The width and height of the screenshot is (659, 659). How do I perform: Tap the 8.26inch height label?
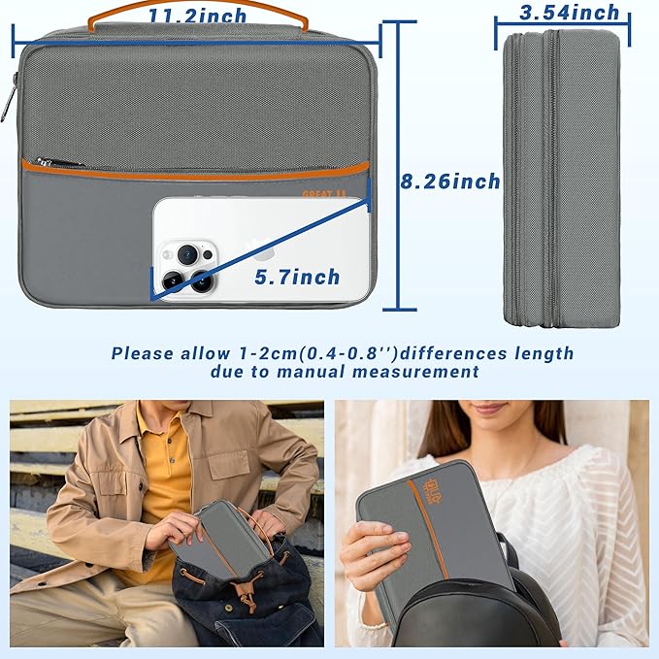point(450,181)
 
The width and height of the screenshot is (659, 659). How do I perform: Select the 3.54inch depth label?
point(570,13)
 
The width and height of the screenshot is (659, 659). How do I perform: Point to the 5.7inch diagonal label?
point(297,278)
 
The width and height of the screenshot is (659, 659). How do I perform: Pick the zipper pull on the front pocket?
point(46,163)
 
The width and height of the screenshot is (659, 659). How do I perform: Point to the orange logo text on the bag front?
point(317,194)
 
